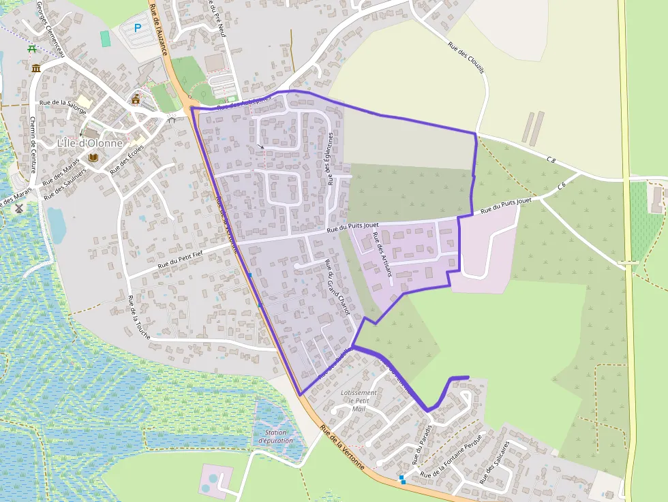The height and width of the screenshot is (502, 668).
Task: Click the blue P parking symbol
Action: point(138,28)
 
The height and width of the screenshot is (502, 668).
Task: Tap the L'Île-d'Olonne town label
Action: point(90,143)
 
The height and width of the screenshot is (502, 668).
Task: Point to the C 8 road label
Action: point(551,159)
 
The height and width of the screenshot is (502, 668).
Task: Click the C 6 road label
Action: point(562,185)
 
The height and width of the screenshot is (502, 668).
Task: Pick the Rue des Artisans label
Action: point(382,253)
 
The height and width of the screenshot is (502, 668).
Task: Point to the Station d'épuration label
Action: point(275,437)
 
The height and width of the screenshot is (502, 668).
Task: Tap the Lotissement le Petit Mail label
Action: point(358,401)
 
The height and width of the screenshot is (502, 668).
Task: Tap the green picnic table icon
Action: point(31,48)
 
